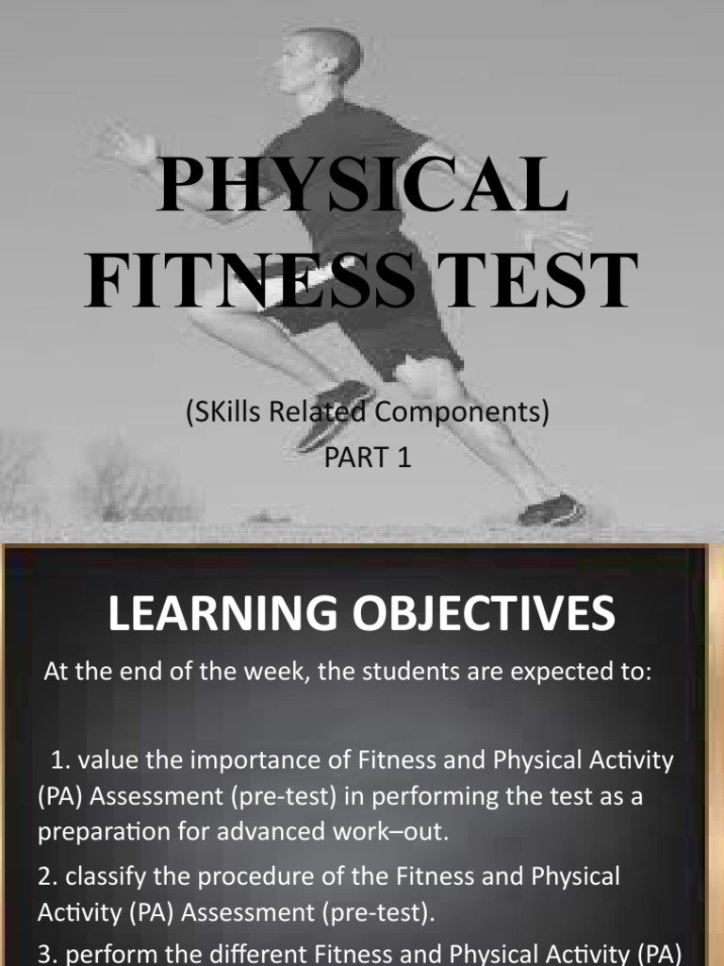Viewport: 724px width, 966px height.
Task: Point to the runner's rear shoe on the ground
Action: (551, 510)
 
